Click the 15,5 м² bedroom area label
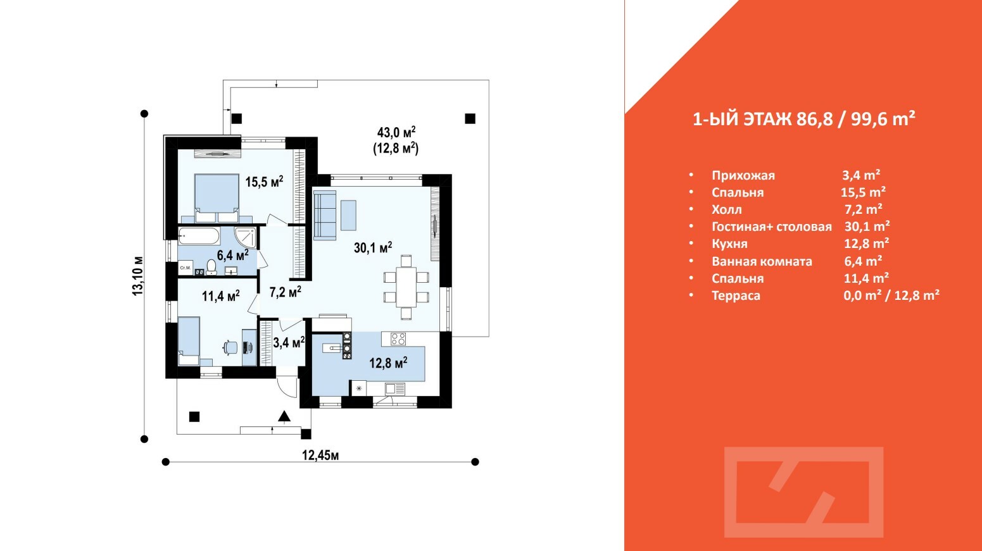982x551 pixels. point(264,182)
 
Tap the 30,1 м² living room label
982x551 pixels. point(372,247)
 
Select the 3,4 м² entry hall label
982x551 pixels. point(289,343)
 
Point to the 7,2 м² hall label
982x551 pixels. point(285,292)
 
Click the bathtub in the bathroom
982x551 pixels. point(198,237)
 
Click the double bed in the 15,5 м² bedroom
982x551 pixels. point(217,197)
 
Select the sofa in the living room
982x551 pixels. point(325,215)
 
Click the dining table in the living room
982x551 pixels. point(406,287)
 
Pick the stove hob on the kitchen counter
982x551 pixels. point(398,339)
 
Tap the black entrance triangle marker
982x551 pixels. point(284,416)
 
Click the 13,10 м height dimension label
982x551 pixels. point(138,276)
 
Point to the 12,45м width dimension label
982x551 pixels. point(320,455)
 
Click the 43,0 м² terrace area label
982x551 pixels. point(396,133)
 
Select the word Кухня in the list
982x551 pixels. point(729,244)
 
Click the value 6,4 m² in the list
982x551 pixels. point(863,261)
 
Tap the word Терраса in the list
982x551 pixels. point(736,295)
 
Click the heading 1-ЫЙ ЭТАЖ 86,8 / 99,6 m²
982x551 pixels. point(803,119)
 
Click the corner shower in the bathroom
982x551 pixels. point(246,237)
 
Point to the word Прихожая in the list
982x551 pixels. point(743,176)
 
